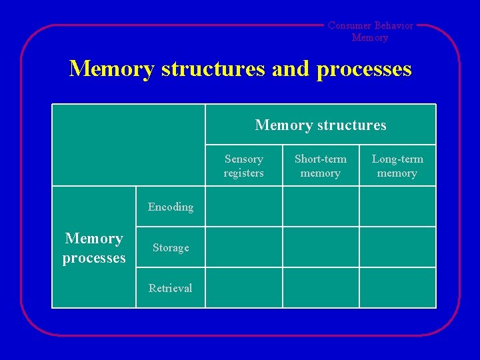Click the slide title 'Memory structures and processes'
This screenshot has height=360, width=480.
click(240, 69)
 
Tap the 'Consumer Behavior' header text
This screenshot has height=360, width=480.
click(370, 26)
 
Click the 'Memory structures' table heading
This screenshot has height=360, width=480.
click(320, 125)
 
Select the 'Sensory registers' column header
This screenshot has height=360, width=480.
click(243, 166)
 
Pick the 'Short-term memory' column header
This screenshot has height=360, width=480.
click(321, 166)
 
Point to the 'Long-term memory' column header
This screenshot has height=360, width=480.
click(397, 166)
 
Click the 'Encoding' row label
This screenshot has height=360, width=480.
click(171, 207)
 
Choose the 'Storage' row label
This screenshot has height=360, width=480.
click(171, 247)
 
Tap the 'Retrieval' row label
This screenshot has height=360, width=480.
click(171, 288)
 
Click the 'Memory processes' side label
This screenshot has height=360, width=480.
click(94, 247)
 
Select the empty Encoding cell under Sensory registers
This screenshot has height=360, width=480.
click(243, 207)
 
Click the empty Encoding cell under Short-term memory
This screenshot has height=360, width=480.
click(321, 207)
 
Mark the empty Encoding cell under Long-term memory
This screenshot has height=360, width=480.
click(397, 207)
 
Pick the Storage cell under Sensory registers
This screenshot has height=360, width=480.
click(243, 247)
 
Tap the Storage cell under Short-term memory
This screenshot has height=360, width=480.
click(321, 247)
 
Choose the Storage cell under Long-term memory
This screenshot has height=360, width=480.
click(397, 247)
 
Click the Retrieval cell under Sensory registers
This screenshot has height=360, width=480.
click(243, 288)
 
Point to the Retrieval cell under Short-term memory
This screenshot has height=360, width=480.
click(321, 288)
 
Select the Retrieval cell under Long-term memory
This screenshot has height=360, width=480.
click(397, 288)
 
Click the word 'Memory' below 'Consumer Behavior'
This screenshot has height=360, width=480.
click(370, 38)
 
